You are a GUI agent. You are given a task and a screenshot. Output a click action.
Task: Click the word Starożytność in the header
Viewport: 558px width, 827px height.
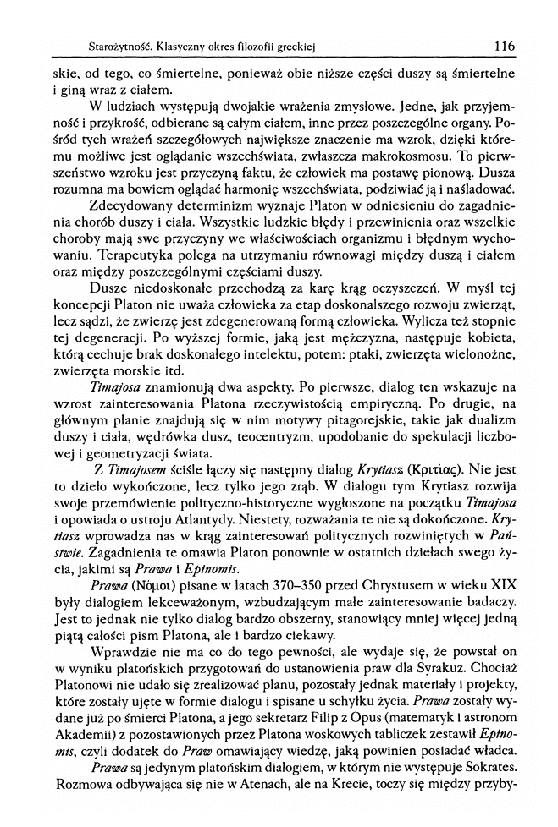pos(104,44)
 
